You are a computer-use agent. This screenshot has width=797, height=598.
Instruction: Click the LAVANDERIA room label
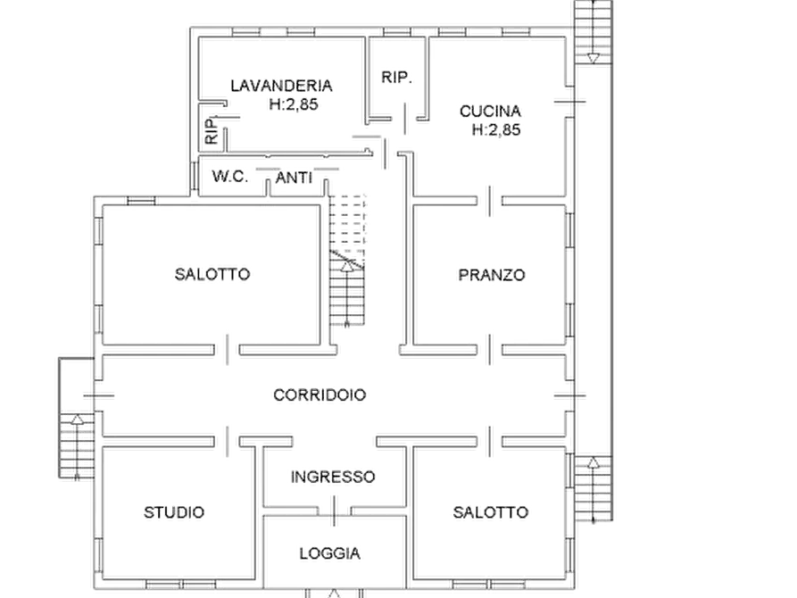coord(281,86)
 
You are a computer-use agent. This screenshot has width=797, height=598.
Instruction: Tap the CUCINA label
coord(490,111)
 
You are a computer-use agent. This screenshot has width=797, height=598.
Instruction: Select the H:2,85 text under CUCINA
coord(496,129)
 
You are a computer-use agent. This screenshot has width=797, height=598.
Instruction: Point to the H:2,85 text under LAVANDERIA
coord(294,104)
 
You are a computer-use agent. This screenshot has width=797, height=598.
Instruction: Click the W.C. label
coord(230,177)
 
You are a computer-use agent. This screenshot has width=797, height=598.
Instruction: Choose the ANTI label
coord(294,178)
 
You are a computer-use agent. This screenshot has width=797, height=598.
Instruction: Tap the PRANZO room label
coord(492,275)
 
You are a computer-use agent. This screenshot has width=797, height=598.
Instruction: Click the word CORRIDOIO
coord(320,395)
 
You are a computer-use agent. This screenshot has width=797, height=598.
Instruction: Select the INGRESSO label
coord(333,477)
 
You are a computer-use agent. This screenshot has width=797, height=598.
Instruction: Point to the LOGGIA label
coord(330,553)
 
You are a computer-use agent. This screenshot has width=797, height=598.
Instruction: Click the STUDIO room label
coord(174,512)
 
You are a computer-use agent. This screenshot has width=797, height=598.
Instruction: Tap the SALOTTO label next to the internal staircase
coord(212,275)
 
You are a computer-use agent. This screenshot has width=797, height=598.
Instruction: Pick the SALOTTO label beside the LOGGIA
coord(491,512)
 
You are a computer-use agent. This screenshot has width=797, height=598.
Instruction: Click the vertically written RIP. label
coord(212,130)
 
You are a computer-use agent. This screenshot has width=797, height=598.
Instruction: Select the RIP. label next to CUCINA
coord(396,78)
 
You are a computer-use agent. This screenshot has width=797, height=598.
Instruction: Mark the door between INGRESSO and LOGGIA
coord(334,511)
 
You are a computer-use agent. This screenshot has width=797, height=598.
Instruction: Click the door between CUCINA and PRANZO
coord(489,201)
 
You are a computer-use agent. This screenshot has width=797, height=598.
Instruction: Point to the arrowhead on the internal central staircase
coord(346,267)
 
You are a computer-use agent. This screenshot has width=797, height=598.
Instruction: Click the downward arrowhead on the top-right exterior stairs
coord(593,59)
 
